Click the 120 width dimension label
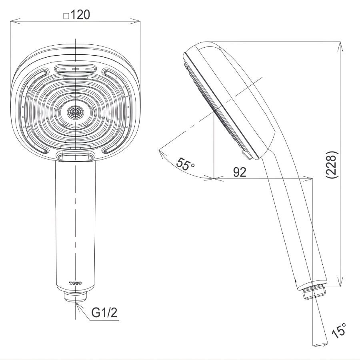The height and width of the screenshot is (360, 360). pos(80,15)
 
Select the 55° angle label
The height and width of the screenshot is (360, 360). pos(184,164)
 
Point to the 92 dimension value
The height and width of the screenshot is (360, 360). pos(240,172)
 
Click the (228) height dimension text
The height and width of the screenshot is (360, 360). pos(332,164)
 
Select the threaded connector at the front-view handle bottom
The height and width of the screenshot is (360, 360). pos(75,296)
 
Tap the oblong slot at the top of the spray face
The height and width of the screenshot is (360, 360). pos(76,69)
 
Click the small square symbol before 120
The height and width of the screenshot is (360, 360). pos(66,16)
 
